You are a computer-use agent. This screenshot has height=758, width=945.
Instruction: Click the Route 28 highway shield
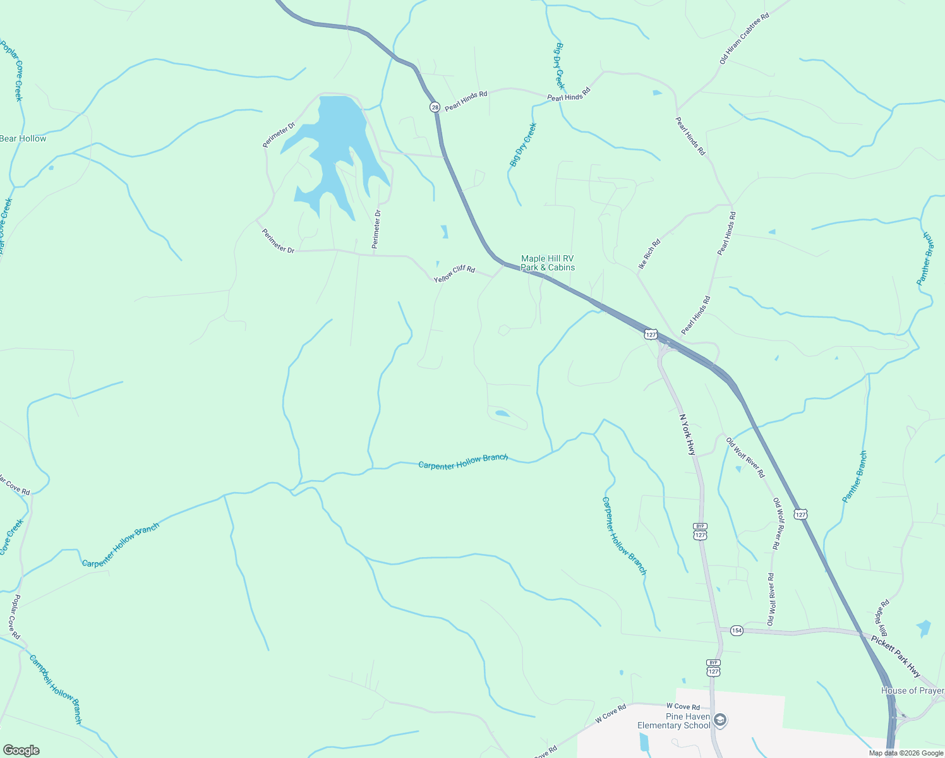(435, 107)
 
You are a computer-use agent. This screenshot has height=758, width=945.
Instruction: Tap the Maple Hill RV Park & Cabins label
(548, 263)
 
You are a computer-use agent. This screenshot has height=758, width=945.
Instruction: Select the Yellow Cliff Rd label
(454, 274)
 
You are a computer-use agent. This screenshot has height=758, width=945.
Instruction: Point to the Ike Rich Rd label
(649, 255)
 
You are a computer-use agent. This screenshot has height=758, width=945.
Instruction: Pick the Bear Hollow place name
(23, 138)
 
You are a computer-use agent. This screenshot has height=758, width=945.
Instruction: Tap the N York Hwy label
(687, 435)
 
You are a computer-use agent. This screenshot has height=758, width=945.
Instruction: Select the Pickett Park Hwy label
(896, 656)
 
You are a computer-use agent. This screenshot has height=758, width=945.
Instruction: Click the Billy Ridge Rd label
(881, 618)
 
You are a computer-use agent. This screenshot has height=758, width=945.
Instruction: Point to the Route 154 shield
(737, 630)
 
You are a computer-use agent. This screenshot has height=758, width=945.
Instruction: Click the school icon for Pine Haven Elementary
(721, 720)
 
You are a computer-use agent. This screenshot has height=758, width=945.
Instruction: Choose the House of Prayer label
(912, 690)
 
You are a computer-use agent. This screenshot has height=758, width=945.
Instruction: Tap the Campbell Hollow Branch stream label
(56, 689)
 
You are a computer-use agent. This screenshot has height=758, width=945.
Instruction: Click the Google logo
(21, 750)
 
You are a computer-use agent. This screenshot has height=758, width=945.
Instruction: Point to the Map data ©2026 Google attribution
(906, 753)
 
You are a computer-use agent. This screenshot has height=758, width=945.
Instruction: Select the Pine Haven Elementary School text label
(673, 721)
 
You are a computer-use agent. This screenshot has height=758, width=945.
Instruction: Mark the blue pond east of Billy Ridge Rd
(924, 628)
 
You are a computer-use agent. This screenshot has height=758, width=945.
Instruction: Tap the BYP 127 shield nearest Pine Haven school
(713, 668)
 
